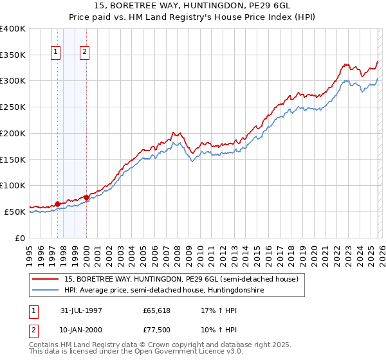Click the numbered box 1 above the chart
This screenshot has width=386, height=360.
click(x=56, y=53)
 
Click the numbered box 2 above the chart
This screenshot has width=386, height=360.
click(x=85, y=53)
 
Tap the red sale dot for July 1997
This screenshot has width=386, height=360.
click(x=58, y=204)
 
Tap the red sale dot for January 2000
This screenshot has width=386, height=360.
click(x=86, y=197)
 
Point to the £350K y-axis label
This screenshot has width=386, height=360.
click(x=13, y=55)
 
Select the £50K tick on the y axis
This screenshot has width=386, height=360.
click(x=15, y=212)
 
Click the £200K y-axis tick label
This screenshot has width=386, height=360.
click(x=13, y=133)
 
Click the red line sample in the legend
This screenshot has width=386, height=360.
click(x=46, y=280)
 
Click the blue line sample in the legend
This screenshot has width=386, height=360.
click(x=46, y=291)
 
